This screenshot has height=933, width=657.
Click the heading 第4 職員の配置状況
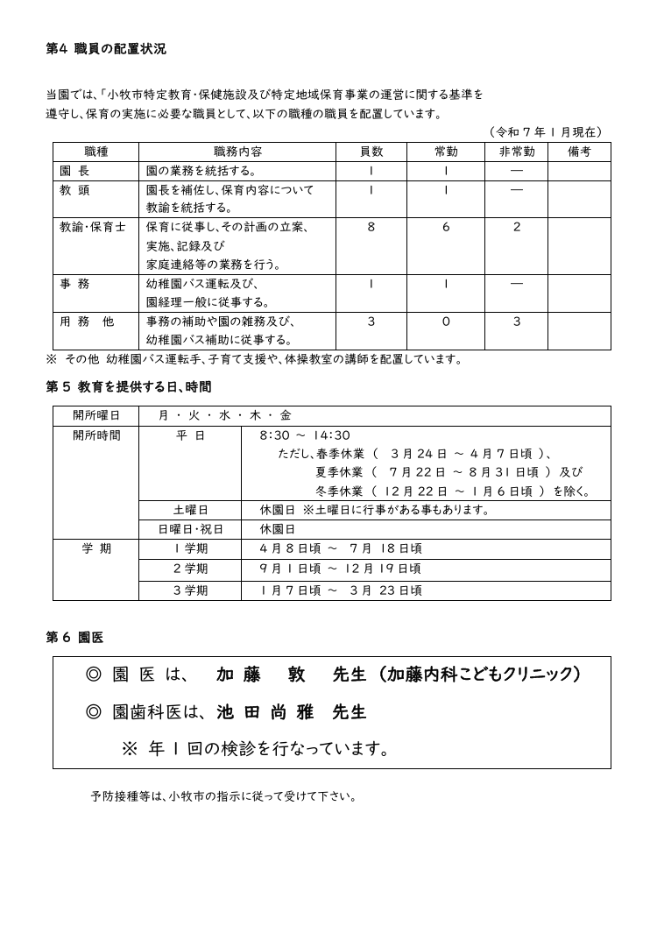coord(106,49)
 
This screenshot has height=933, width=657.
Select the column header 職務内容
coord(237,152)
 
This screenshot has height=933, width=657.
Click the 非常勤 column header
coord(517,152)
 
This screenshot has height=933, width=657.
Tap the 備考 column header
coord(579,152)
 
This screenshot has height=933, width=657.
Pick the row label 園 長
coord(75,171)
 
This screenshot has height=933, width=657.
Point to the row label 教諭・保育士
coord(92,227)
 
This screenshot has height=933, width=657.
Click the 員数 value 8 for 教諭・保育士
coord(371,227)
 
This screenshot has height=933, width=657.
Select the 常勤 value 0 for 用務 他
coord(446,322)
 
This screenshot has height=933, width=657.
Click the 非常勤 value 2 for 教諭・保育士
coord(517,227)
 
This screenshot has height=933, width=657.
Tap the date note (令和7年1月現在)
coord(545,132)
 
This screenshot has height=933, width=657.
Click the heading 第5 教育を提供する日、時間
coord(128,386)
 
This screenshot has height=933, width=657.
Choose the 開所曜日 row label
coord(96,415)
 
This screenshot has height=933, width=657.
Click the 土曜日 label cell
coord(190,510)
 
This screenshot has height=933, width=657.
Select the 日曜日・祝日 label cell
coord(190,529)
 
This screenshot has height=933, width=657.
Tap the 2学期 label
coord(190,569)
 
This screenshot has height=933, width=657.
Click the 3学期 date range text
coord(341,590)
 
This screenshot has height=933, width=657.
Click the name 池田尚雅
coord(266,712)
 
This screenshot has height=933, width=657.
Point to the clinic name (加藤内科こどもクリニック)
coord(479,675)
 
